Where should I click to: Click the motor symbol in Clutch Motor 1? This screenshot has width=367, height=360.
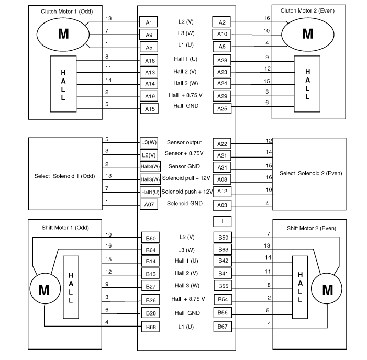(x=63, y=33)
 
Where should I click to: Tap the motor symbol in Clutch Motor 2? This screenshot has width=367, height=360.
(x=307, y=33)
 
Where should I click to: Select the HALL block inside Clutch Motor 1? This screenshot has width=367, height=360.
(x=63, y=82)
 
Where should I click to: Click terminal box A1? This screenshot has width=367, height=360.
(x=148, y=22)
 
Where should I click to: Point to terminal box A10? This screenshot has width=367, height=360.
(x=221, y=34)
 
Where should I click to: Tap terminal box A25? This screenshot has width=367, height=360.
(x=221, y=108)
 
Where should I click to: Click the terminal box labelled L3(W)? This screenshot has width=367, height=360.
(x=148, y=142)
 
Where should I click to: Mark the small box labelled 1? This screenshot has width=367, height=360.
(x=221, y=221)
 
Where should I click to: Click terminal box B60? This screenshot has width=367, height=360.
(x=150, y=238)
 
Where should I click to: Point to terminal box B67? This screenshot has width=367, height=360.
(x=221, y=327)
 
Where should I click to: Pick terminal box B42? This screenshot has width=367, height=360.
(x=221, y=261)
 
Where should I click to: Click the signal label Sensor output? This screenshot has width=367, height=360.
(x=184, y=142)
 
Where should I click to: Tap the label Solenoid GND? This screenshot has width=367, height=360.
(x=184, y=203)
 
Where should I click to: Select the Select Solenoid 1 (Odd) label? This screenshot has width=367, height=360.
(x=63, y=176)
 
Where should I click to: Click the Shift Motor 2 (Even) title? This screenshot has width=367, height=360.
(x=311, y=228)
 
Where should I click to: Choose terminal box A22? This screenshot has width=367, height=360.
(x=221, y=144)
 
